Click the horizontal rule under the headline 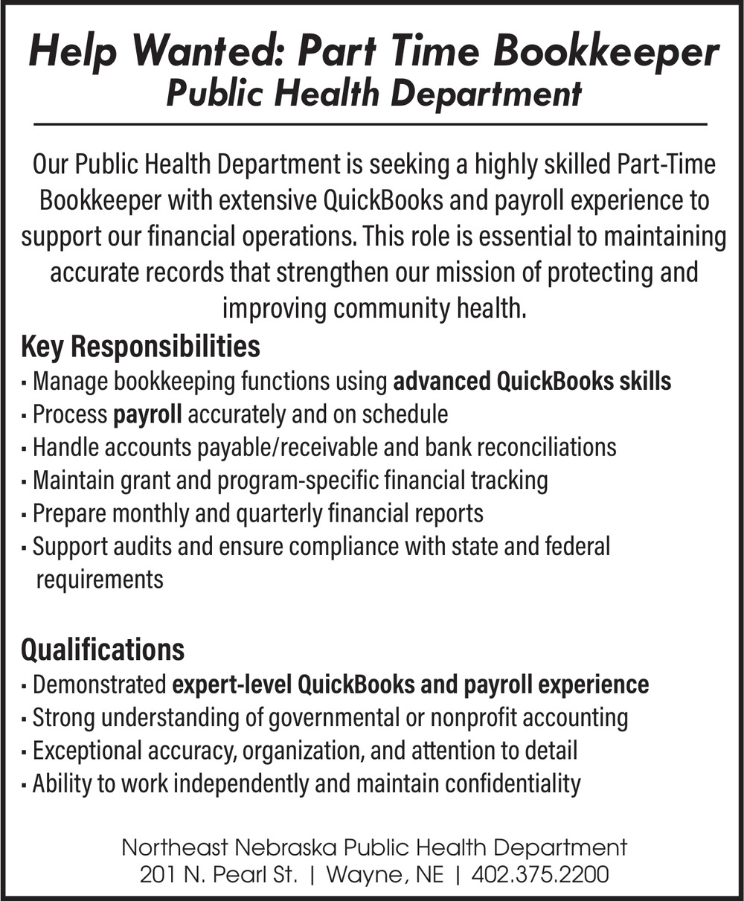[x=370, y=124]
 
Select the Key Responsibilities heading [x=141, y=347]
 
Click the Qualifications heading [x=103, y=650]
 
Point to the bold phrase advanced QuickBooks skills [x=531, y=382]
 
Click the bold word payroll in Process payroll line [x=147, y=414]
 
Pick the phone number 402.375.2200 [x=540, y=874]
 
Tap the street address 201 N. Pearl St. [x=219, y=874]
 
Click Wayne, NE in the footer [x=385, y=874]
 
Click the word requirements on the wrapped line [x=99, y=579]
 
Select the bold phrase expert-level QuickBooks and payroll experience [x=411, y=684]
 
